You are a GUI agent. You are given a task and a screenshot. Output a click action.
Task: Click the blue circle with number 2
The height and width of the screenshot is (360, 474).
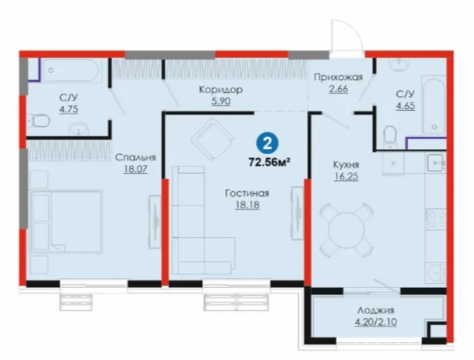268,144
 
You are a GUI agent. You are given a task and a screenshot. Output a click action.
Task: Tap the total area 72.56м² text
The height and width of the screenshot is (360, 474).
269,162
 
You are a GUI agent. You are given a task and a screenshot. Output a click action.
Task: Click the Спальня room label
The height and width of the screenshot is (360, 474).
136,157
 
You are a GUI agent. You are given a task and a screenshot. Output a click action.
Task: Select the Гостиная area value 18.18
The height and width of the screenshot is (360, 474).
247,204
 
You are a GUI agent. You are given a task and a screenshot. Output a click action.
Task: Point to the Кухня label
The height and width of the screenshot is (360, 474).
346,164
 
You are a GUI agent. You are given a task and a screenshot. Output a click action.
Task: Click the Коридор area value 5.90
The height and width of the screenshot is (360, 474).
221,101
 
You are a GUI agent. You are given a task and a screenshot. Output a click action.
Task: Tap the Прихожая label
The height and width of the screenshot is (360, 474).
338,78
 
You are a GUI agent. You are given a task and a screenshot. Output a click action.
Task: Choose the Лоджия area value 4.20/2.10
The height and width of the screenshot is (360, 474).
376,322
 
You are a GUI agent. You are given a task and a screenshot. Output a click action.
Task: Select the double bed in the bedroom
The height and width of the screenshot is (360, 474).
67,221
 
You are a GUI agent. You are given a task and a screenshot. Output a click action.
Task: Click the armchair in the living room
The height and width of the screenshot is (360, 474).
213,140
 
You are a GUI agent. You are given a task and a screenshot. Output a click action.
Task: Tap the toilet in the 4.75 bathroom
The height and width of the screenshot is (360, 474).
39,120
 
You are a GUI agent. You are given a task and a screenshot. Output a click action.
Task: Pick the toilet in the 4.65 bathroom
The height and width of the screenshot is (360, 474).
390,135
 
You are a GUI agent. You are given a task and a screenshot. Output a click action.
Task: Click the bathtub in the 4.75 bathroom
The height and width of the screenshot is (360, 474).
71,70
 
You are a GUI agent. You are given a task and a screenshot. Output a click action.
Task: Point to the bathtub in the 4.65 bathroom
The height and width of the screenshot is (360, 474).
434,107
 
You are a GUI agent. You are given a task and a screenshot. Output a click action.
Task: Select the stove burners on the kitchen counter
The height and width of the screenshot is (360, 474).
436,219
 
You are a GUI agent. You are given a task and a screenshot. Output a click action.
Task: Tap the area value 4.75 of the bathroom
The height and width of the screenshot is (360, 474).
69,109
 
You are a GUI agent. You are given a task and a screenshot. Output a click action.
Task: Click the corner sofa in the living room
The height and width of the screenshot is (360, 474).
203,220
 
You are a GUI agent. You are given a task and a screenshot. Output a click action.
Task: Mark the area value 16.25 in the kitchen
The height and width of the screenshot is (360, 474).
346,176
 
